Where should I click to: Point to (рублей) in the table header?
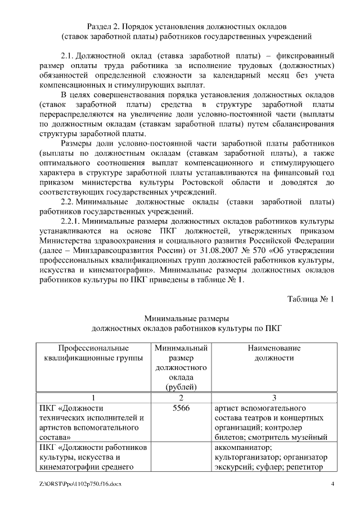point(181,386)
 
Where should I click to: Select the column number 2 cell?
point(181,397)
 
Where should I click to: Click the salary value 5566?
point(181,407)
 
